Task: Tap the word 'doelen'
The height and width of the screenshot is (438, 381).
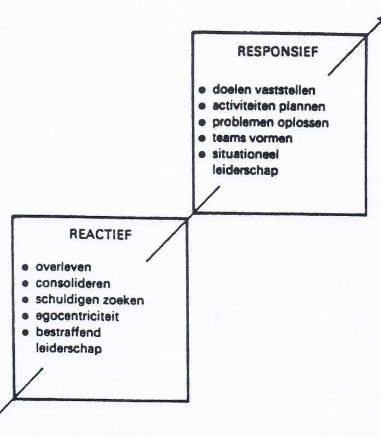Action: (229, 89)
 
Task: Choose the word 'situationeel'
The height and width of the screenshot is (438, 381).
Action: (246, 154)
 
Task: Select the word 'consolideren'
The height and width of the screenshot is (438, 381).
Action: (73, 284)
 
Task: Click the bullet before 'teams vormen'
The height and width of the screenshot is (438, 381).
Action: (202, 138)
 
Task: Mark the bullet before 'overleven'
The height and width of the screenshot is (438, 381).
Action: (25, 268)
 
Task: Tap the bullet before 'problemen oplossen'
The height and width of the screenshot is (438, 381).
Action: (202, 122)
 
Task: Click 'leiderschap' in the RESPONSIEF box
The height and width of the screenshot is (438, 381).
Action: (244, 170)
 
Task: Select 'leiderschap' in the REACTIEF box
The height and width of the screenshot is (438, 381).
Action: (68, 348)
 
